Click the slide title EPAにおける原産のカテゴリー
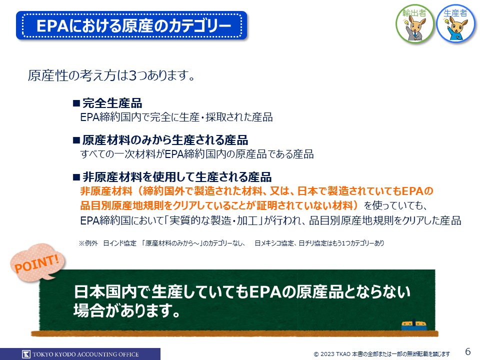pyautogui.click(x=133, y=25)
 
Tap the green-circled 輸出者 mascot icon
pyautogui.click(x=415, y=24)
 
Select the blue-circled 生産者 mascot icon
pyautogui.click(x=456, y=23)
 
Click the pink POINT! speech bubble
pyautogui.click(x=37, y=262)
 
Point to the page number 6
pyautogui.click(x=468, y=351)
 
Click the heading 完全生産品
pyautogui.click(x=112, y=103)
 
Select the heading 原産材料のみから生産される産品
pyautogui.click(x=165, y=140)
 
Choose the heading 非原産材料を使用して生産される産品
pyautogui.click(x=177, y=177)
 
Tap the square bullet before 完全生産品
pyautogui.click(x=76, y=103)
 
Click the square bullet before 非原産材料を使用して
pyautogui.click(x=76, y=177)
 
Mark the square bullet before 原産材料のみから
pyautogui.click(x=76, y=140)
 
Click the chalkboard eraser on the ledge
pyautogui.click(x=414, y=325)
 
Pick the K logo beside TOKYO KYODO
pyautogui.click(x=26, y=354)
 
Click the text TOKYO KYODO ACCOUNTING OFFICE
pyautogui.click(x=85, y=354)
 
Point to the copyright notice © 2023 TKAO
pyautogui.click(x=381, y=354)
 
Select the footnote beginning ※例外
pyautogui.click(x=231, y=243)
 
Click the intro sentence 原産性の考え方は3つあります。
pyautogui.click(x=111, y=75)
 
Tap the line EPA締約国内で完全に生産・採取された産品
pyautogui.click(x=176, y=117)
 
